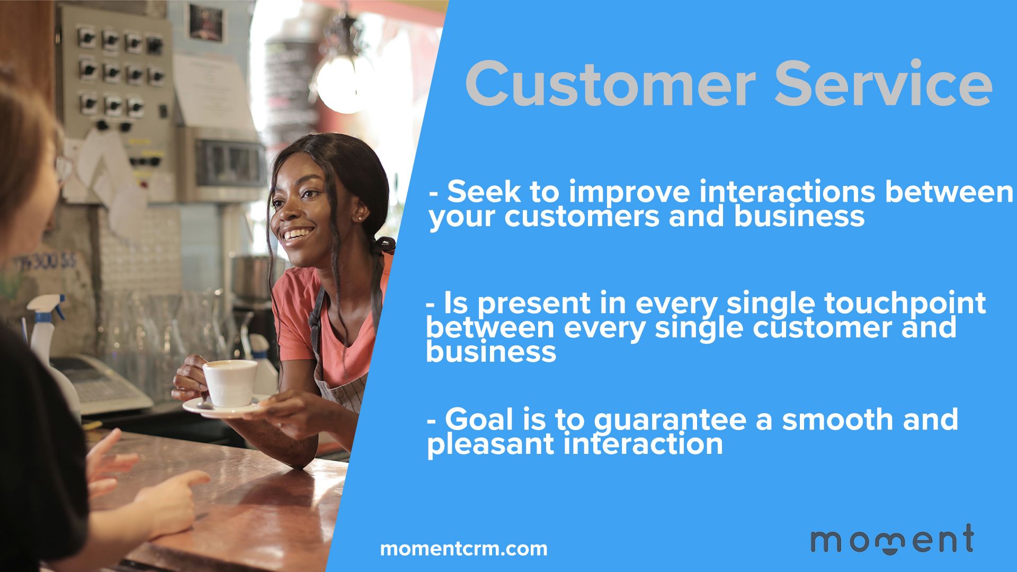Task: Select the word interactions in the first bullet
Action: [x=786, y=192]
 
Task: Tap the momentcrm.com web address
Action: [x=463, y=549]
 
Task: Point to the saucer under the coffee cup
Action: [x=222, y=408]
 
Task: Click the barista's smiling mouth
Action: [x=297, y=235]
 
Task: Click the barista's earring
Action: [x=360, y=218]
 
